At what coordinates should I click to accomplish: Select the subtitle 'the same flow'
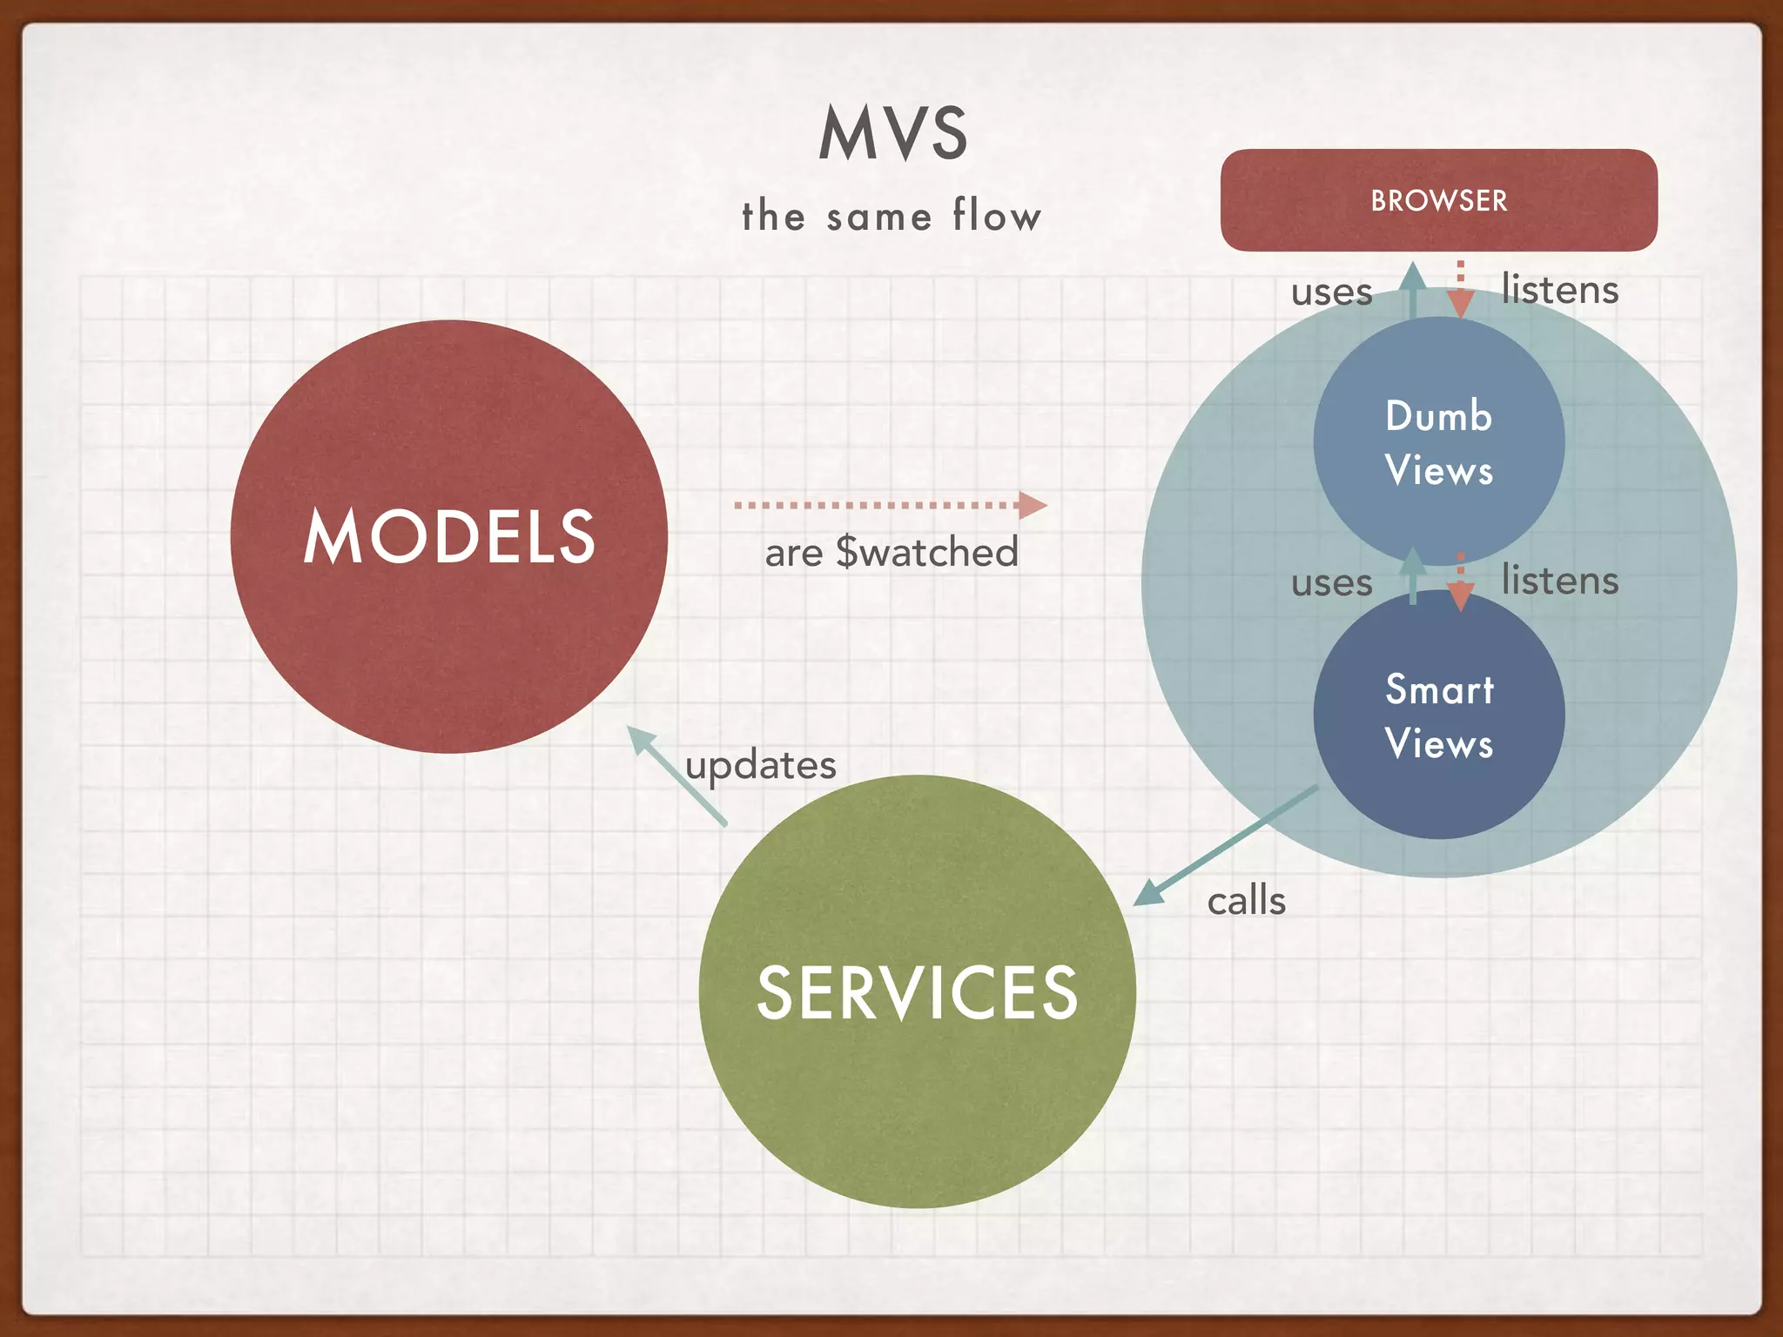pos(891,215)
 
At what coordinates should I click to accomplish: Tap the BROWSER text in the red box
pos(1438,201)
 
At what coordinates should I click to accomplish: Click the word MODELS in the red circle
pos(449,537)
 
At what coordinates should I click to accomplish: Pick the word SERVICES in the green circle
pos(917,992)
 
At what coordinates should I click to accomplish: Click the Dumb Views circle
pos(1438,442)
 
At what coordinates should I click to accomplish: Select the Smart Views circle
pos(1438,716)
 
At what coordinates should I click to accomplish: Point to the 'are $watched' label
pos(891,552)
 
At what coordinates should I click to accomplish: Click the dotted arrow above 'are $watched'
pos(888,505)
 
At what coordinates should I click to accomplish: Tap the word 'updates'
pos(760,765)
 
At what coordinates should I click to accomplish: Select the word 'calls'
pos(1246,901)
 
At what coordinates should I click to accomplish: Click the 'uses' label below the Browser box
pos(1331,292)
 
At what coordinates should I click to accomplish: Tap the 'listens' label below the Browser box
pos(1559,289)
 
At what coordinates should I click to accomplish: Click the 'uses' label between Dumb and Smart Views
pos(1331,582)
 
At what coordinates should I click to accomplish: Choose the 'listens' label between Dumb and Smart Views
pos(1559,580)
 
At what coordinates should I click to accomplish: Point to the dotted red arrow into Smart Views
pos(1461,583)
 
